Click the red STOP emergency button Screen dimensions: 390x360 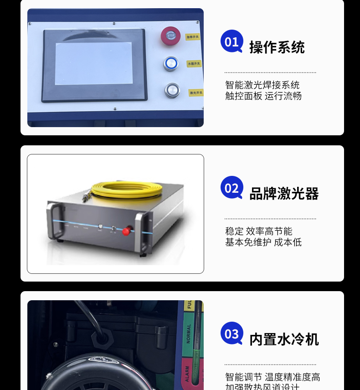170,36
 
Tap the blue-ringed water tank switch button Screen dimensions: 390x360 171,64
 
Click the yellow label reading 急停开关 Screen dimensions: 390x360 193,36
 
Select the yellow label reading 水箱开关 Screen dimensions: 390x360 194,64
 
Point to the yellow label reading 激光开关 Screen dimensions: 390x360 196,92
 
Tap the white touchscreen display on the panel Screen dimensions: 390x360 93,64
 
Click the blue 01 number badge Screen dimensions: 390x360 231,41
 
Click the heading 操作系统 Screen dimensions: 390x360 277,47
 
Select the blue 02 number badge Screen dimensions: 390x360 231,188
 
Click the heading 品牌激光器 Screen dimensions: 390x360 283,194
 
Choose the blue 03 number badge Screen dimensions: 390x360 231,334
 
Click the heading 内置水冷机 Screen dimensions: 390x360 283,339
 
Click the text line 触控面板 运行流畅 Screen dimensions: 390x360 263,96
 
